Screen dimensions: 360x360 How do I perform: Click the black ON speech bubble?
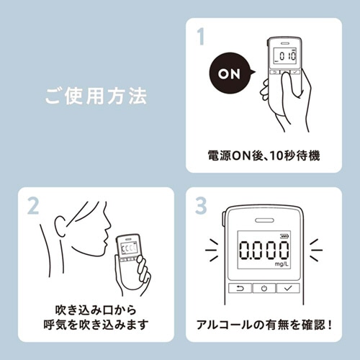pos(230,73)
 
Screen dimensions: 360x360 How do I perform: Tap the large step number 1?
pos(201,37)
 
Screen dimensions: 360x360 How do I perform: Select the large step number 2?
pos(33,206)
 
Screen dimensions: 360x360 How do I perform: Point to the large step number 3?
pos(201,205)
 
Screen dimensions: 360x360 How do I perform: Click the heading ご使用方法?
pos(96,96)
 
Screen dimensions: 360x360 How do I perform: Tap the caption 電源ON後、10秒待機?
pos(264,156)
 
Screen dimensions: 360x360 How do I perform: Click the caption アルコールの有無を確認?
pos(264,325)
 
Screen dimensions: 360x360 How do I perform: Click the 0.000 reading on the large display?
pos(264,251)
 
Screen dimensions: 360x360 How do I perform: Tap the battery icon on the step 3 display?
pos(284,237)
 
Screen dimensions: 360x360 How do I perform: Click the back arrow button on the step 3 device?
pos(240,288)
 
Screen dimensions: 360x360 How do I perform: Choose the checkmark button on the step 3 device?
pos(288,288)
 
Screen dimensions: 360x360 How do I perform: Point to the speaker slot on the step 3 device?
pos(264,220)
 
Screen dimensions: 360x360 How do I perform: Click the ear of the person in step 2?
pos(60,227)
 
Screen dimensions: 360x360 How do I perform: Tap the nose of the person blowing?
pos(107,225)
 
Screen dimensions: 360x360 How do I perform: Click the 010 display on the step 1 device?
pos(286,56)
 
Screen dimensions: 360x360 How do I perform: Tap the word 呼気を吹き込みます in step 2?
pos(96,325)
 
